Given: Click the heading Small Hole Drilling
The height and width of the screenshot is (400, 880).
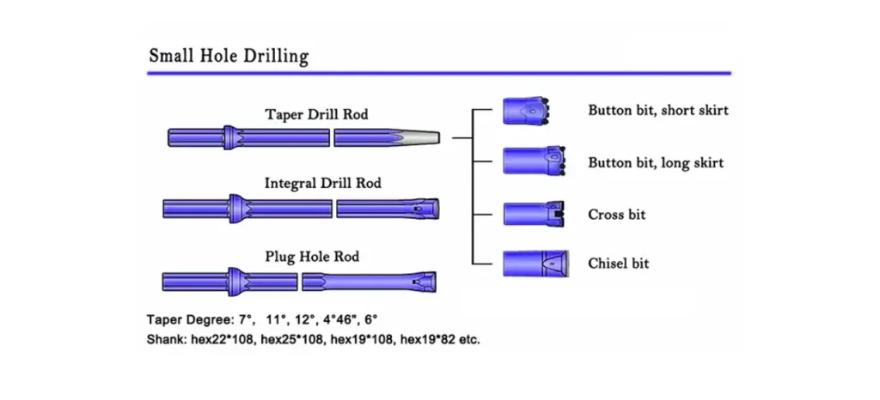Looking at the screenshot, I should [x=229, y=58].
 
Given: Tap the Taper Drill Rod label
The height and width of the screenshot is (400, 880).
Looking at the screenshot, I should [x=316, y=114].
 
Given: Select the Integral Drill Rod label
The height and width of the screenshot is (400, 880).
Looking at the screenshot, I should [x=322, y=183].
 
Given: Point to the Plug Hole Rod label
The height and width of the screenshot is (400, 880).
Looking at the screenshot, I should [x=312, y=257].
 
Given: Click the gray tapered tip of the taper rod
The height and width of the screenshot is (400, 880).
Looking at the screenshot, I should [x=422, y=137].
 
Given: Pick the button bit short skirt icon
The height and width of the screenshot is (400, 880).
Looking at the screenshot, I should [x=526, y=111].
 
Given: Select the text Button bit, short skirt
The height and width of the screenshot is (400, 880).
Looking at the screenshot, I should [x=658, y=111].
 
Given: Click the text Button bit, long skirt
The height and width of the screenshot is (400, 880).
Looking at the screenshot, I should [x=656, y=162].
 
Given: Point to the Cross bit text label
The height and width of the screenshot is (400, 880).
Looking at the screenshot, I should [x=616, y=214].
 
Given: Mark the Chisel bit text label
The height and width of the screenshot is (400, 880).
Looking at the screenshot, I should [x=619, y=263].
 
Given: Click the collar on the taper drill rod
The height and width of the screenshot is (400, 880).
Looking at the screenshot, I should [x=231, y=137].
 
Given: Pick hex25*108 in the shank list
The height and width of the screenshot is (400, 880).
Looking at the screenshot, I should [x=291, y=339].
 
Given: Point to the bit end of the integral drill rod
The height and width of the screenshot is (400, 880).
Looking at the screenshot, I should [x=425, y=209].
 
